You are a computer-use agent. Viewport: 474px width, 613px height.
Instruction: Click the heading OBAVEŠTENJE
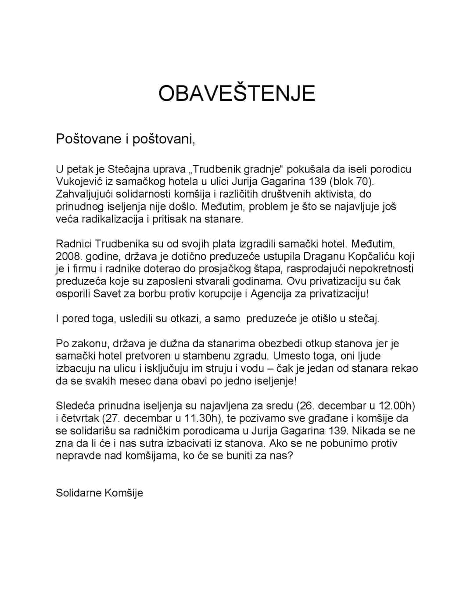click(237, 93)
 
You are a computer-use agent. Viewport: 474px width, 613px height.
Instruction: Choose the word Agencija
click(271, 293)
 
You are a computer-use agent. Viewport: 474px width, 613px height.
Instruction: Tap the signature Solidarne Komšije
click(99, 493)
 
